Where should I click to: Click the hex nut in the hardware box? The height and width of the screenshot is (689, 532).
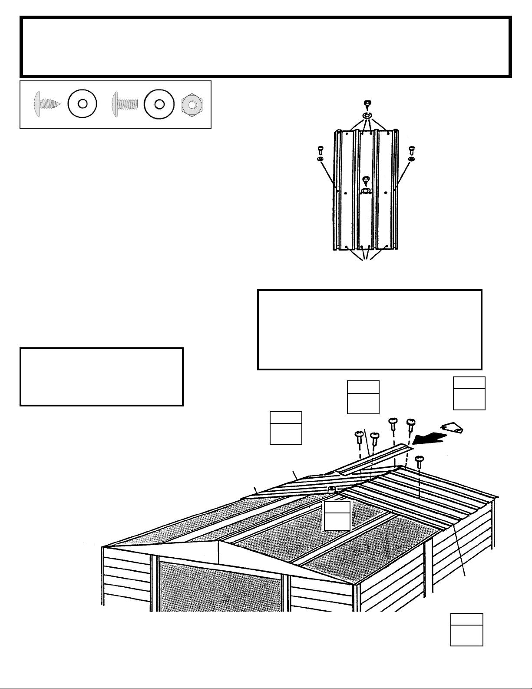pyautogui.click(x=192, y=104)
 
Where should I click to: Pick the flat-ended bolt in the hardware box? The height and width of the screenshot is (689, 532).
pyautogui.click(x=125, y=104)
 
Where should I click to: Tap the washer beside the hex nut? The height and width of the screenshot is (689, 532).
pyautogui.click(x=159, y=104)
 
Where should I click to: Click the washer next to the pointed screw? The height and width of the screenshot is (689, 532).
pyautogui.click(x=83, y=104)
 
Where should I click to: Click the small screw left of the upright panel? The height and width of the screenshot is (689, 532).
pyautogui.click(x=320, y=150)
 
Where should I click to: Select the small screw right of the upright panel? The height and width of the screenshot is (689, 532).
pyautogui.click(x=412, y=150)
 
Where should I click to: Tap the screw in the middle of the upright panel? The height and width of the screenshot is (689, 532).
pyautogui.click(x=366, y=179)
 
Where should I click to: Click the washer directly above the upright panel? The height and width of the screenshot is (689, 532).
pyautogui.click(x=367, y=116)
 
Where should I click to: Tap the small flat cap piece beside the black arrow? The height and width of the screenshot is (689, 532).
pyautogui.click(x=453, y=428)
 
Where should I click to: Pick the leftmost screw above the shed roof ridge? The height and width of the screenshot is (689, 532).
pyautogui.click(x=359, y=436)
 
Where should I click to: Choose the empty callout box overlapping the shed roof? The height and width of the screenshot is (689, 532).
pyautogui.click(x=337, y=516)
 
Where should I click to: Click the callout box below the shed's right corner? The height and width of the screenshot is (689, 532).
pyautogui.click(x=466, y=629)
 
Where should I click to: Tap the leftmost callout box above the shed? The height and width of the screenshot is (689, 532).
pyautogui.click(x=286, y=428)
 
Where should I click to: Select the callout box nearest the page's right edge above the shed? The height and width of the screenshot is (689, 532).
pyautogui.click(x=469, y=393)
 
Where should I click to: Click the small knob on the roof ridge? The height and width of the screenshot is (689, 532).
pyautogui.click(x=331, y=489)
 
